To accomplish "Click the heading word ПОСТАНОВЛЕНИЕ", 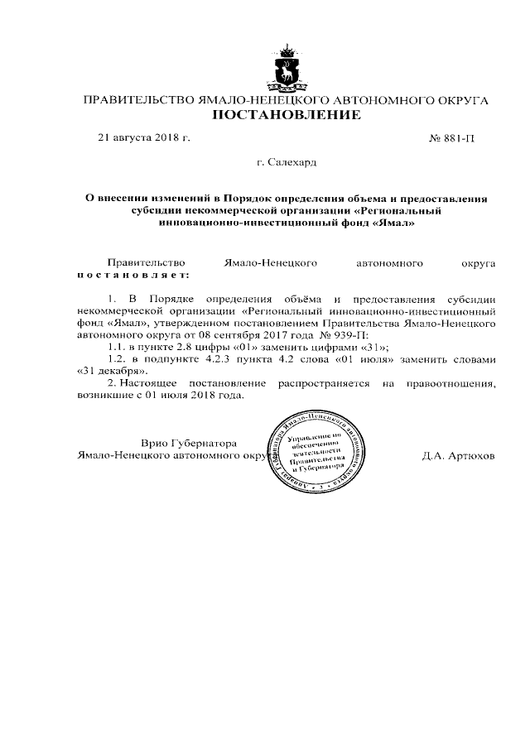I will coord(287,115).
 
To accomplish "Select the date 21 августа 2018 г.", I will coord(144,137).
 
